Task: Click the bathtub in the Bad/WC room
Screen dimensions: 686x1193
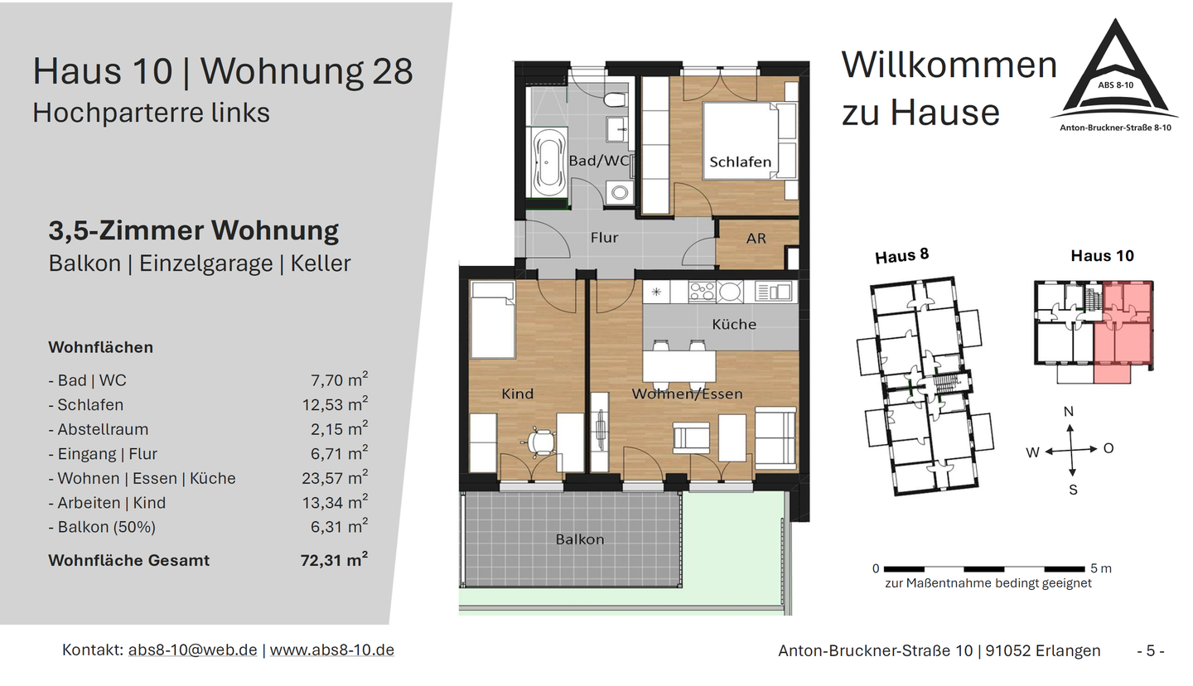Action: (548, 163)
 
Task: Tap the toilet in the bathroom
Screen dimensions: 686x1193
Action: (615, 101)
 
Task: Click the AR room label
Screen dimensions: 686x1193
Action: (756, 239)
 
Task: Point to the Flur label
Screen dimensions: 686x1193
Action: (604, 238)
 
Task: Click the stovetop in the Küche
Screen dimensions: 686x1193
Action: (703, 292)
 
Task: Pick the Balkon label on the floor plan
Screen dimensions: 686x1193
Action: (579, 539)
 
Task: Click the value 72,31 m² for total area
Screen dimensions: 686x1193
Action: (333, 560)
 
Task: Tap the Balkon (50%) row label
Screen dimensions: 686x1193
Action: (102, 527)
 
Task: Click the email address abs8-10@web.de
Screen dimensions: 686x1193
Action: (192, 650)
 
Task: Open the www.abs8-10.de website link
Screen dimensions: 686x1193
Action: (331, 650)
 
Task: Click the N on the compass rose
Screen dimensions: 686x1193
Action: (1069, 412)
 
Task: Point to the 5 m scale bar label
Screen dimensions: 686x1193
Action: (1101, 568)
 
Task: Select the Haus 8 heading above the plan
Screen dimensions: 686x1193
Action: (901, 256)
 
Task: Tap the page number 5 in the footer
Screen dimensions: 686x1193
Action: (1150, 650)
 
